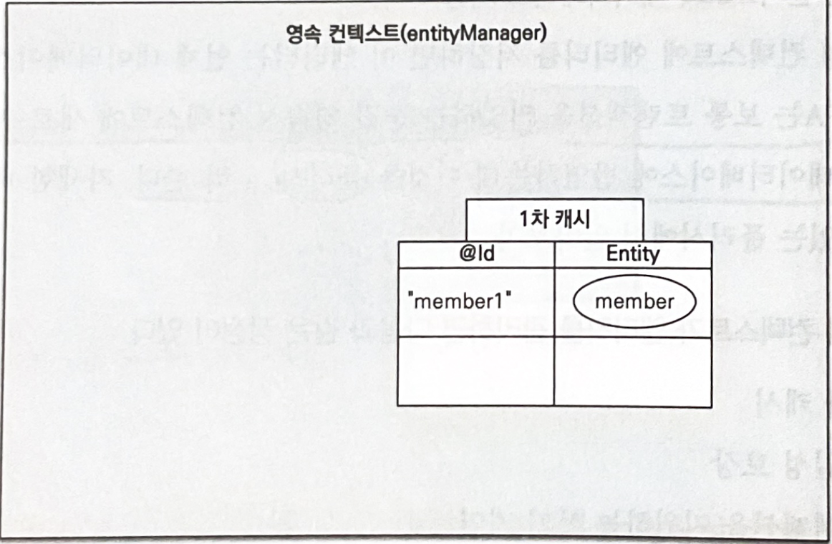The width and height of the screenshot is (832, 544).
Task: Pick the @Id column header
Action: tap(476, 255)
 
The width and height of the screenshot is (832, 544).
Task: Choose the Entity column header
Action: tap(633, 255)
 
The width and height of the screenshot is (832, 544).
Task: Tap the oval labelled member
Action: tap(634, 301)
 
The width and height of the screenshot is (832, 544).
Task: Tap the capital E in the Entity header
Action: tap(611, 255)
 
